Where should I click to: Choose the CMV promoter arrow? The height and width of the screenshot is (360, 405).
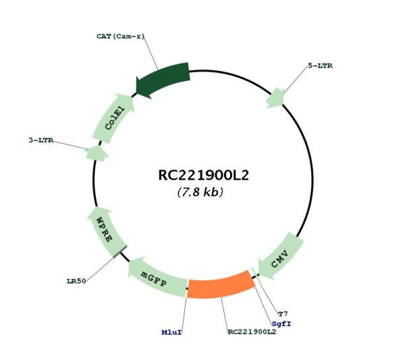pyautogui.click(x=281, y=258)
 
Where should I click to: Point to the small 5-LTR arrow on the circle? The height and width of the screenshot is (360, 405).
pyautogui.click(x=275, y=98)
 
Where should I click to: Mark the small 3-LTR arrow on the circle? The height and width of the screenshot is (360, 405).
pyautogui.click(x=97, y=153)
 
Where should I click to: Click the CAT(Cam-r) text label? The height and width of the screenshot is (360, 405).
pyautogui.click(x=120, y=36)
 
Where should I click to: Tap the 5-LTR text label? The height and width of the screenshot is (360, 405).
pyautogui.click(x=320, y=66)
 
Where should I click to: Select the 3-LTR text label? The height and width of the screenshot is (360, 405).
pyautogui.click(x=40, y=140)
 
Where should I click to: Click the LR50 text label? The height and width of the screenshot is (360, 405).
pyautogui.click(x=76, y=281)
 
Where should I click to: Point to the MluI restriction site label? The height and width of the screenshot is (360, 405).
pyautogui.click(x=171, y=332)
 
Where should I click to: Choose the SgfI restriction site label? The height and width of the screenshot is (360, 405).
pyautogui.click(x=281, y=324)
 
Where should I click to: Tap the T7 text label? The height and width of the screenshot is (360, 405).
pyautogui.click(x=283, y=314)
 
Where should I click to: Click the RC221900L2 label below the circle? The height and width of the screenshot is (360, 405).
pyautogui.click(x=252, y=332)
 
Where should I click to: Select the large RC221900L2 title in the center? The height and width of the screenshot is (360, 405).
pyautogui.click(x=203, y=175)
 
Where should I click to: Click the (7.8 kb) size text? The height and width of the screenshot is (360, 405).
pyautogui.click(x=200, y=192)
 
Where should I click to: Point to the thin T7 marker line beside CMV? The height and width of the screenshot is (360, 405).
pyautogui.click(x=256, y=276)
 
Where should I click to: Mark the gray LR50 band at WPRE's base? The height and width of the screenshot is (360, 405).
pyautogui.click(x=120, y=251)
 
